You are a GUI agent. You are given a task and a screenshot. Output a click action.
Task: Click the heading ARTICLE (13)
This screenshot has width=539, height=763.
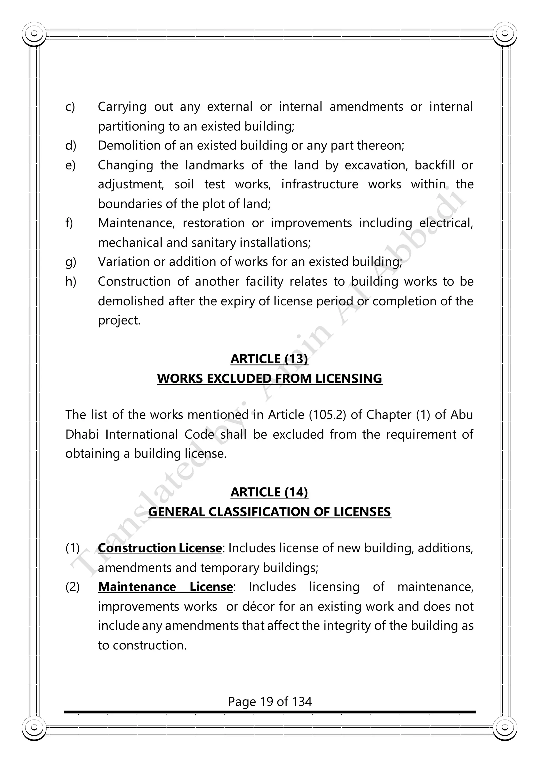(x=269, y=359)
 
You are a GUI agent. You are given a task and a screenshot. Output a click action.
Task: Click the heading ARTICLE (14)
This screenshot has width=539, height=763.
(x=269, y=492)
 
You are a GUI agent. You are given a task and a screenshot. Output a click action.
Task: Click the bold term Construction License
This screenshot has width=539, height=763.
(x=160, y=548)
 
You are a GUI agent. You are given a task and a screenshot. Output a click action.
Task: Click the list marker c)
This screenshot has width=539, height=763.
(x=70, y=107)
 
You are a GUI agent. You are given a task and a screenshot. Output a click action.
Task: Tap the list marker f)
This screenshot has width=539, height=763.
(x=69, y=223)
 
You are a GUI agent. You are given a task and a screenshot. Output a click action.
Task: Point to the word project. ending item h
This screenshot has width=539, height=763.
(x=119, y=320)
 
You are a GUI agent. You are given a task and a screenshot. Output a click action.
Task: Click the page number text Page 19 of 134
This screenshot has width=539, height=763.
(x=269, y=702)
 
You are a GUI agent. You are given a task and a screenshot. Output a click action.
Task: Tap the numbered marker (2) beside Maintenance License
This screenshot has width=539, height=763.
(x=72, y=587)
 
